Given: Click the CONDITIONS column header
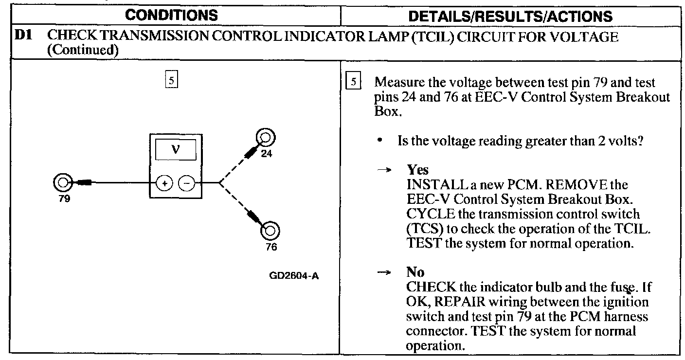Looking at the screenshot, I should pyautogui.click(x=171, y=16).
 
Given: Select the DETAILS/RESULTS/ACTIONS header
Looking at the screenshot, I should pyautogui.click(x=510, y=17).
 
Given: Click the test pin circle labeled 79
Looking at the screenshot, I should pyautogui.click(x=62, y=183).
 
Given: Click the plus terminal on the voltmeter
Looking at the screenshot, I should pyautogui.click(x=164, y=183).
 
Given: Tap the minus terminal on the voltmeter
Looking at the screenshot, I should pyautogui.click(x=187, y=183).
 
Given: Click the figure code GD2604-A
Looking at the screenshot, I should pyautogui.click(x=294, y=276).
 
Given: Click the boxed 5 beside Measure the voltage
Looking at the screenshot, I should pyautogui.click(x=353, y=82).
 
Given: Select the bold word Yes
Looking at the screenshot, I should pyautogui.click(x=418, y=170).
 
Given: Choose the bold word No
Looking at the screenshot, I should pyautogui.click(x=415, y=272).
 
